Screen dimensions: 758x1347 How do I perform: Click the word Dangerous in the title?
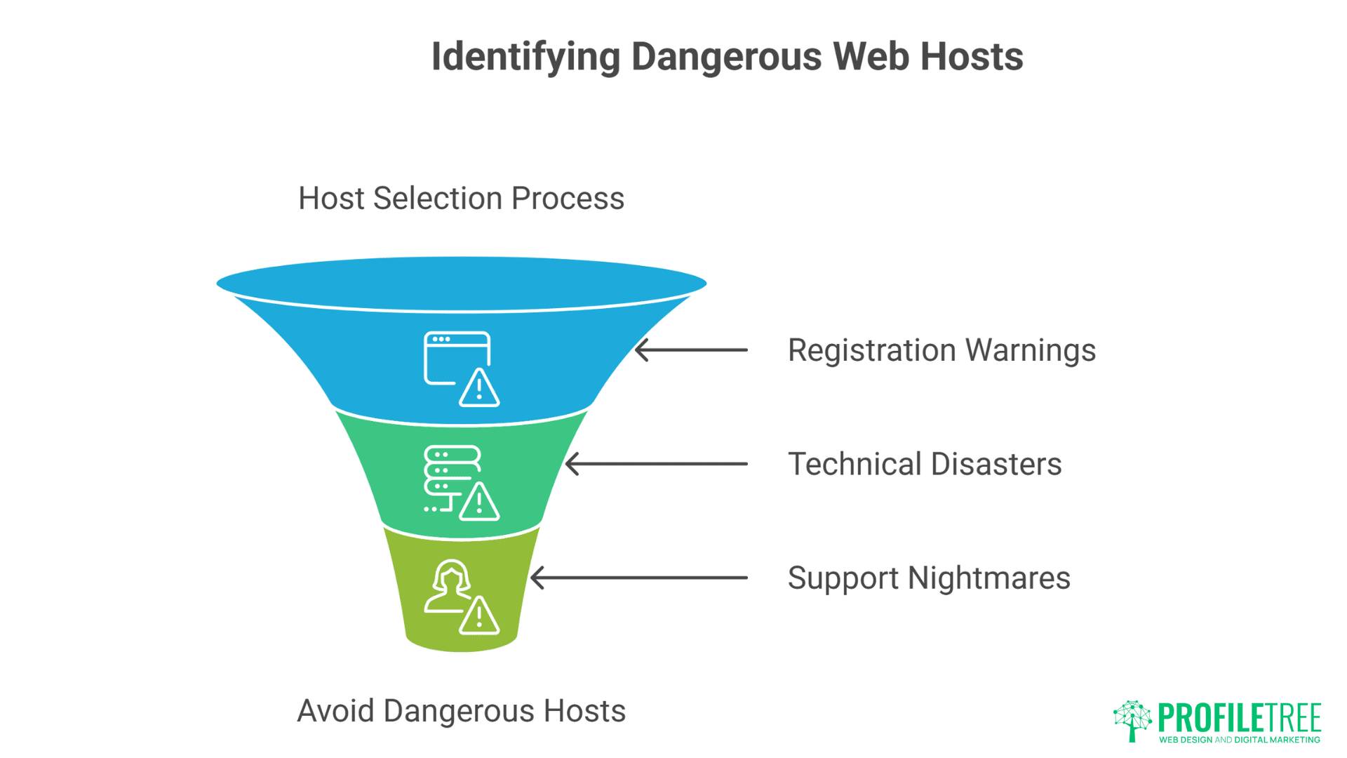726,56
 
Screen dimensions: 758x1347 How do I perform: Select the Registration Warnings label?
941,350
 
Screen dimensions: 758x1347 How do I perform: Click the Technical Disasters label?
924,464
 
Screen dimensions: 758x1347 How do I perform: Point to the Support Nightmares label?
928,578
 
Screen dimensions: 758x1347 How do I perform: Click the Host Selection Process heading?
461,199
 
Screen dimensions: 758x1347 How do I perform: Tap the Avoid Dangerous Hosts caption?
461,711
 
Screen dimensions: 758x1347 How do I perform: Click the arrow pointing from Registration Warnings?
691,350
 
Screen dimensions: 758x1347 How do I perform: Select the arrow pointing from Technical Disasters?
656,464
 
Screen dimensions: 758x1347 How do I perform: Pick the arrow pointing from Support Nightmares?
638,578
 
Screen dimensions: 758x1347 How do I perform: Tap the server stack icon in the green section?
451,474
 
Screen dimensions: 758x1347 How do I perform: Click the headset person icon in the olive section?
450,586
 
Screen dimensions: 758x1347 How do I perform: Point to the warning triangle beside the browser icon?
479,389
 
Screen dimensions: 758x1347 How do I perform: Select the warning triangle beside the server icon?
479,503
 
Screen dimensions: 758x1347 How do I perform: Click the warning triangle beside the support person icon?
479,617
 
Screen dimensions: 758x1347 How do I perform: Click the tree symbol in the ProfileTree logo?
1132,720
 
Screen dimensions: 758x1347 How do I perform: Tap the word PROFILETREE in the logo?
1239,718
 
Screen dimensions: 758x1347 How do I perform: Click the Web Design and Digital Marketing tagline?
1239,740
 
